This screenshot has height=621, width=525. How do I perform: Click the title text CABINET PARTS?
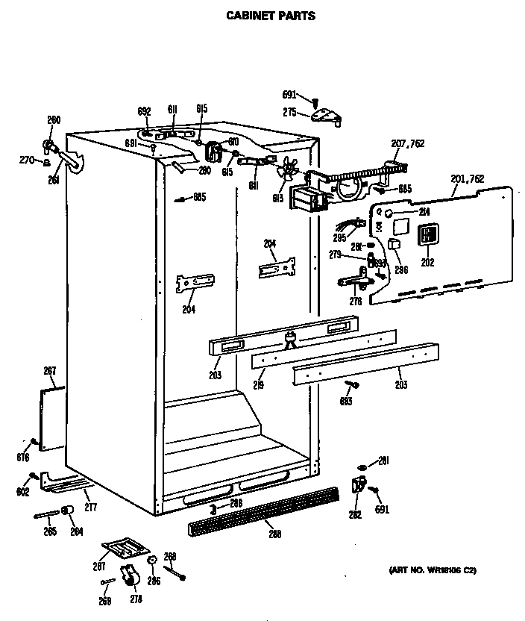pos(270,15)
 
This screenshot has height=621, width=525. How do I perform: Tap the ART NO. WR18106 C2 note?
pos(432,571)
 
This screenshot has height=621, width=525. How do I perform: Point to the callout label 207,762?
pos(408,143)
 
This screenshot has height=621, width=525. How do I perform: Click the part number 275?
pos(290,112)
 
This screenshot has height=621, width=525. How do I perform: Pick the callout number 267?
pos(50,371)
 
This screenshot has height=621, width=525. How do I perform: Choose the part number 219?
pos(258,385)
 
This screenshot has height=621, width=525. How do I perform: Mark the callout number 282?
pos(354,514)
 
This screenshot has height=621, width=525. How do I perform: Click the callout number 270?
pos(26,159)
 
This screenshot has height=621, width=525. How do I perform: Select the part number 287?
pos(98,567)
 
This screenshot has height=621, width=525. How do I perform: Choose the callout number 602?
pos(22,491)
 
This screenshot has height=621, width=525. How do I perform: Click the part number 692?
pos(144,110)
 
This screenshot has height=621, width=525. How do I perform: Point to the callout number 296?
pos(402,270)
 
